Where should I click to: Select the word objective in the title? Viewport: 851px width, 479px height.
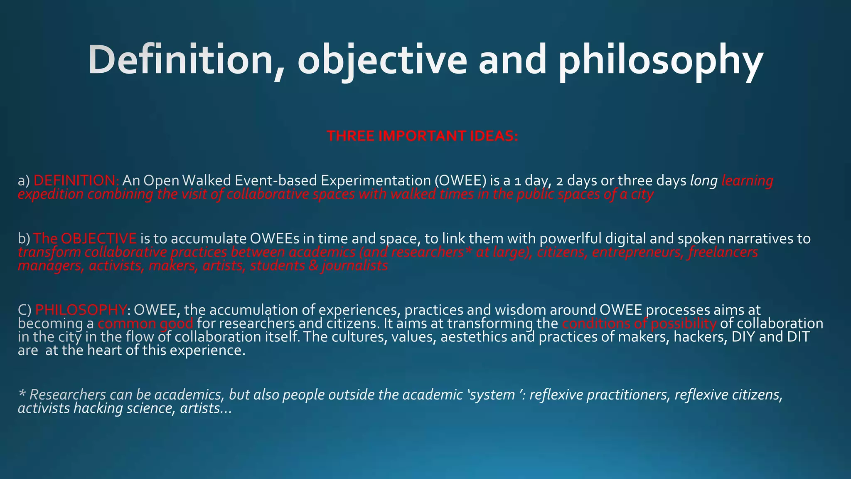pyautogui.click(x=382, y=60)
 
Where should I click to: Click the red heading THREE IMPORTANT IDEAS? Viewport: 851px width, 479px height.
pyautogui.click(x=422, y=136)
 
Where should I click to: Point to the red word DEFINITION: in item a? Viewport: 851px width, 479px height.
pyautogui.click(x=76, y=180)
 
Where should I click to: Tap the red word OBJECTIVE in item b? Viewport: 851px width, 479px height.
pyautogui.click(x=98, y=238)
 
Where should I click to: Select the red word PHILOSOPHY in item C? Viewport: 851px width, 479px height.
pyautogui.click(x=81, y=310)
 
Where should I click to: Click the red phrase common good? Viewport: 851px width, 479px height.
pyautogui.click(x=145, y=323)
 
